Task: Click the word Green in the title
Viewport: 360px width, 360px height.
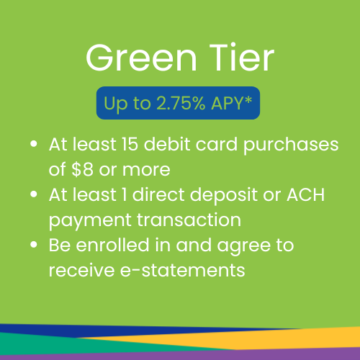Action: tap(142, 58)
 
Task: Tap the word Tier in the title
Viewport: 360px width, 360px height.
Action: tap(242, 58)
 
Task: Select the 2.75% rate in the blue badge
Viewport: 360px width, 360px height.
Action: tap(181, 103)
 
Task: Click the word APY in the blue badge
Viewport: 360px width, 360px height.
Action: tap(227, 103)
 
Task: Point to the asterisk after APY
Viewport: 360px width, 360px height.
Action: tap(248, 100)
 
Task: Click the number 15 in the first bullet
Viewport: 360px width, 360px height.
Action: tap(130, 144)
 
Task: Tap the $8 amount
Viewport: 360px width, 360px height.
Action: tap(82, 169)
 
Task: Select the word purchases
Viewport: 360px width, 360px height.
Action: tap(291, 145)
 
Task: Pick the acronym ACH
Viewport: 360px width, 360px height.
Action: tap(305, 194)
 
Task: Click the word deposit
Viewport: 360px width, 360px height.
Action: tap(223, 196)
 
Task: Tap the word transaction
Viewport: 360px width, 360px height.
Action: tap(189, 220)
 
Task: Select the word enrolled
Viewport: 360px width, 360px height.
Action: tap(112, 245)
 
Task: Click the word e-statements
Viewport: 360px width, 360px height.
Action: tap(182, 270)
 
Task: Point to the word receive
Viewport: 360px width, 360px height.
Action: tap(81, 270)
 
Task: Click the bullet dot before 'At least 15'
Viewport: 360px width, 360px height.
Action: tap(34, 144)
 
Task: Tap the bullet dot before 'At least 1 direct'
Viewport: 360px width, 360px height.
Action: tap(34, 194)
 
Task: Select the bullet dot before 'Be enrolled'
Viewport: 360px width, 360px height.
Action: tap(34, 245)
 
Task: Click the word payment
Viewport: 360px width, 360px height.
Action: tap(90, 221)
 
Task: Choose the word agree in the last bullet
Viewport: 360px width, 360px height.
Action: tap(243, 247)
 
